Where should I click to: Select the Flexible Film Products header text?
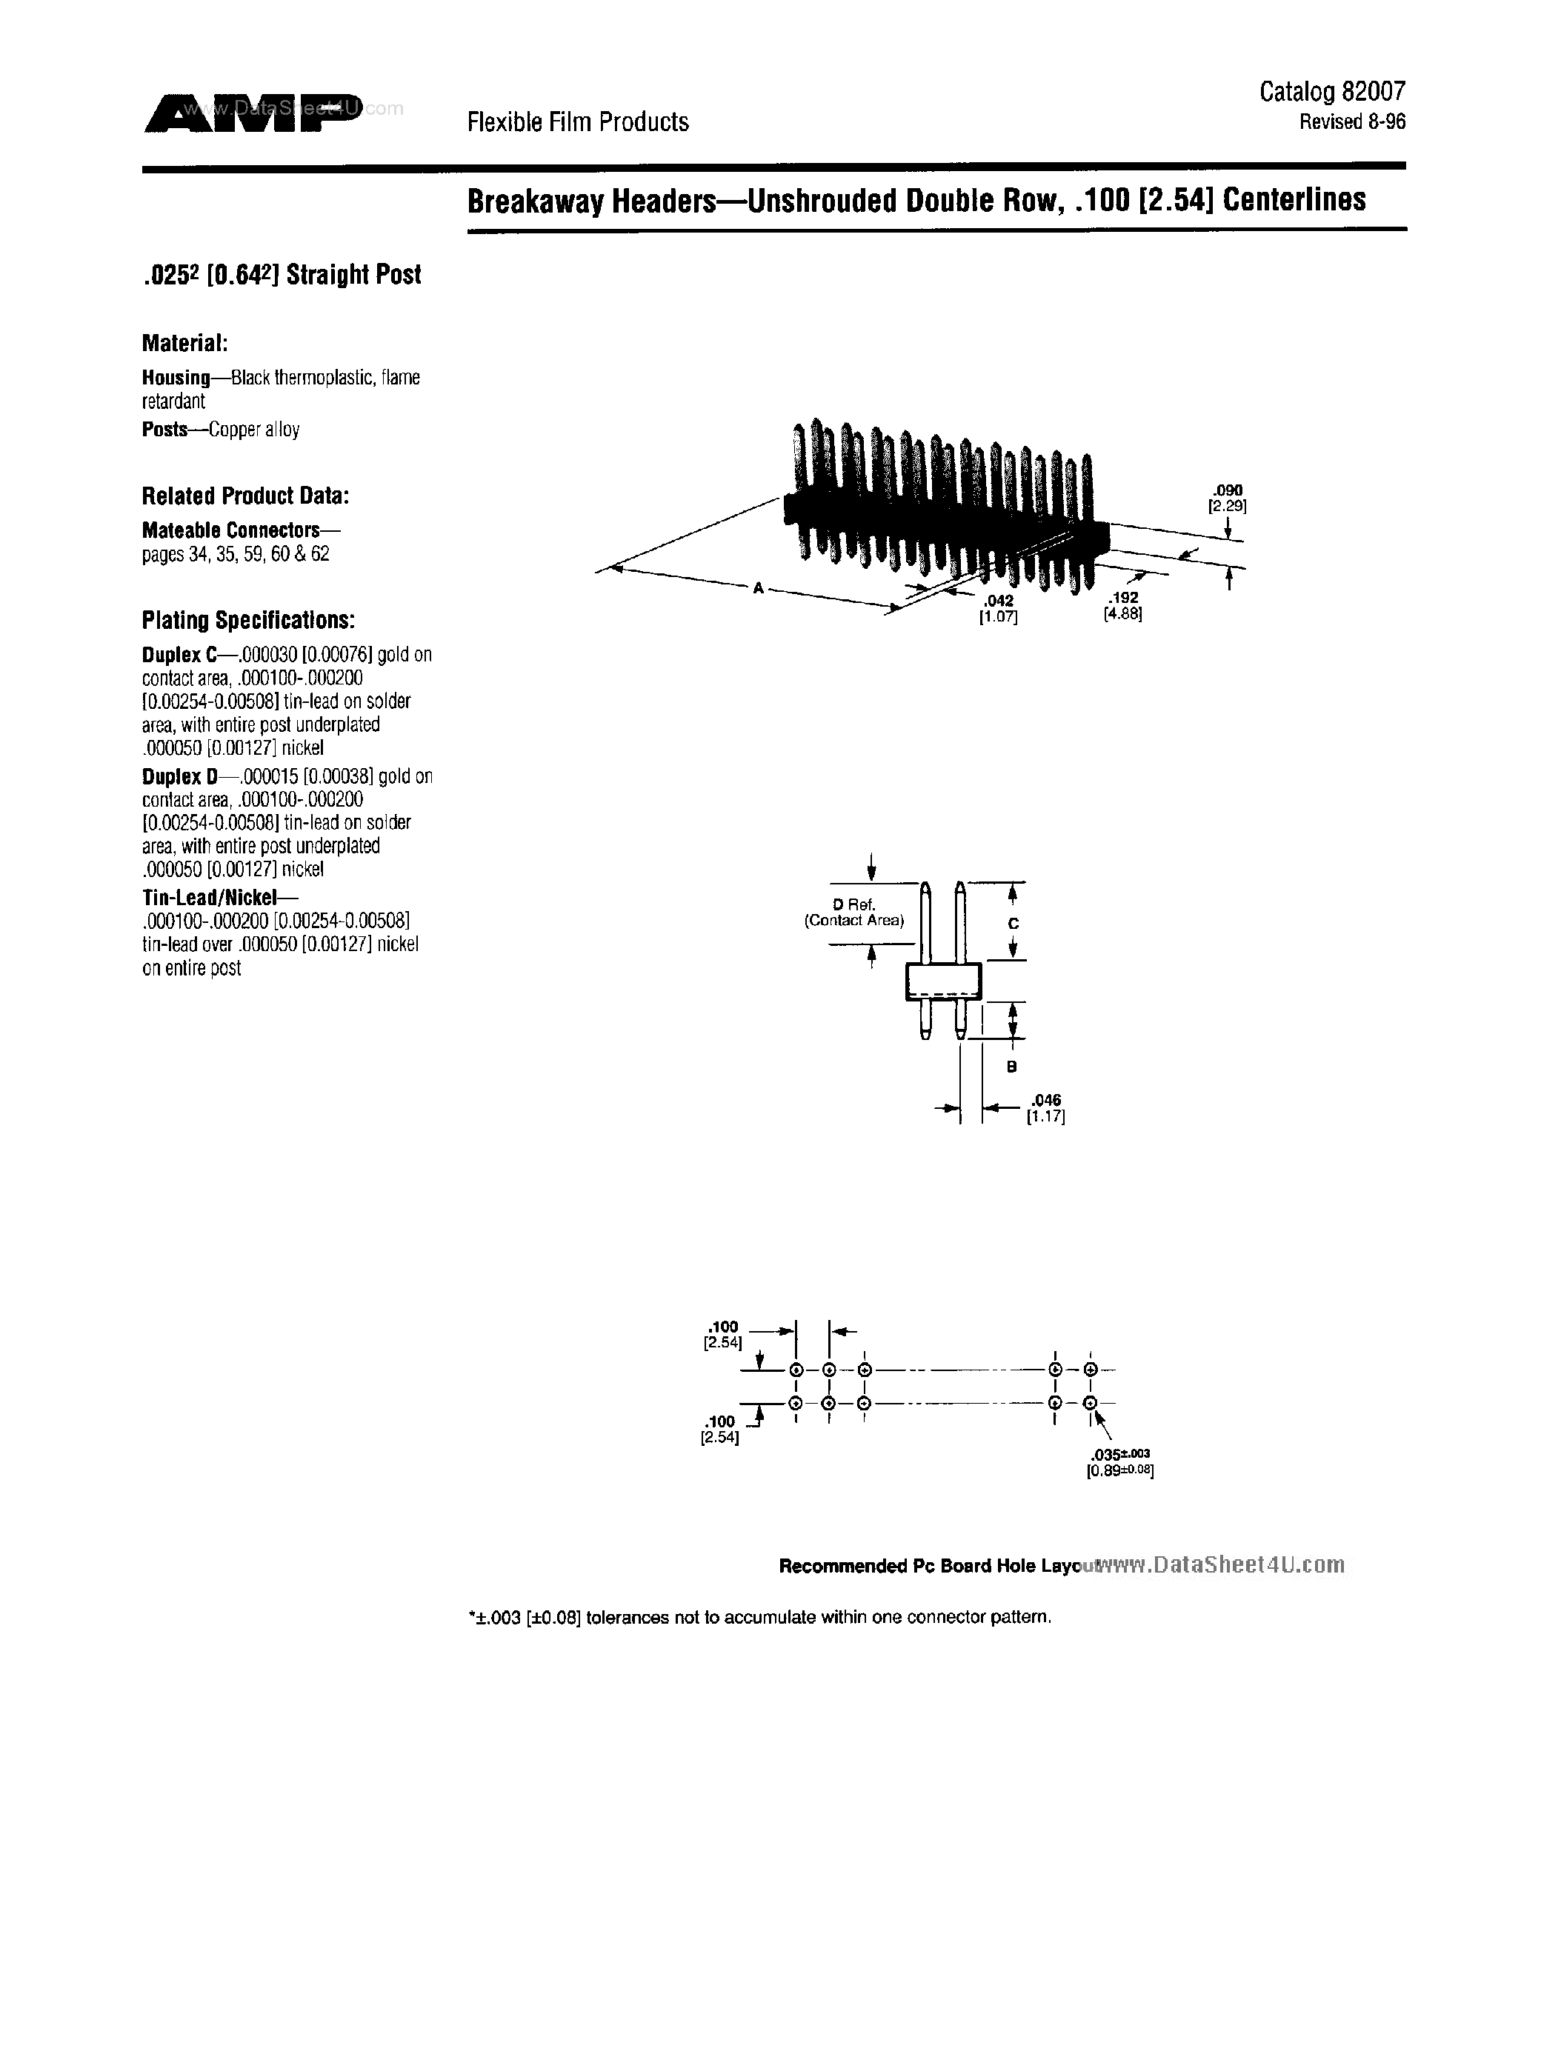tap(578, 121)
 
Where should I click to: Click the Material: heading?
tap(185, 343)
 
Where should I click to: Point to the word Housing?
tap(176, 378)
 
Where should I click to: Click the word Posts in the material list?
tap(164, 430)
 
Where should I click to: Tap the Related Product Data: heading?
tap(245, 496)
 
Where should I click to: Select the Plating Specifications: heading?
tap(248, 620)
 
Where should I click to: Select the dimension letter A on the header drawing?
tap(759, 587)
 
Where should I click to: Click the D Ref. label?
tap(853, 904)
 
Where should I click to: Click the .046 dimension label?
tap(1046, 1100)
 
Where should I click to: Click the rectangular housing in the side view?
tap(943, 982)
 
